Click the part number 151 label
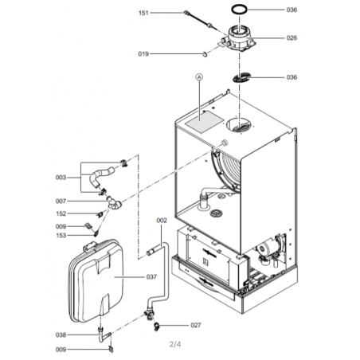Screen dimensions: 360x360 click(x=143, y=13)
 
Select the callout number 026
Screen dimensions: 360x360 click(x=292, y=38)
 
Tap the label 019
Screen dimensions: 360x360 click(x=143, y=54)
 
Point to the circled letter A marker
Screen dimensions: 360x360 click(x=199, y=77)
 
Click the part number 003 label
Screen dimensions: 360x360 click(x=61, y=178)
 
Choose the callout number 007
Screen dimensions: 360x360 click(x=61, y=202)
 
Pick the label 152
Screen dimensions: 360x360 click(x=61, y=213)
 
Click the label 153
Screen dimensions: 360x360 click(x=61, y=236)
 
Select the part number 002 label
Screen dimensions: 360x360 click(x=162, y=221)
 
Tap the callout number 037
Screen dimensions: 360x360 click(x=151, y=277)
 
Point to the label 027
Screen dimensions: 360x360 click(x=196, y=325)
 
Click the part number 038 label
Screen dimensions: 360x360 click(x=61, y=335)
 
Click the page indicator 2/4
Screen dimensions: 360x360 click(x=175, y=344)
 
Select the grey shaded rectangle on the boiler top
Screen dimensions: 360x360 click(x=205, y=122)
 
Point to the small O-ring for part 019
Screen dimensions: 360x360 click(x=204, y=54)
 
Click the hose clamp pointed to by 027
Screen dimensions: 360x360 click(x=157, y=327)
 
